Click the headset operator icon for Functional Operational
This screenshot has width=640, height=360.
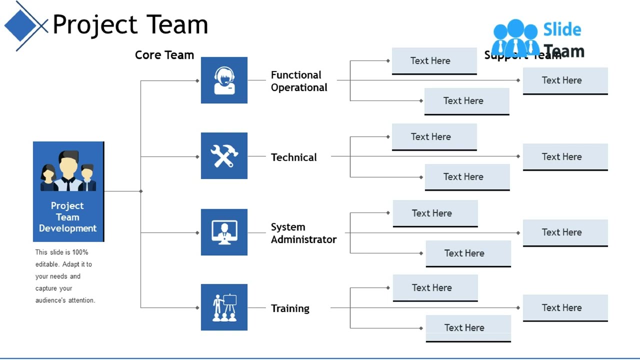coord(224,80)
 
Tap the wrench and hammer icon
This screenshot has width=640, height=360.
coord(224,156)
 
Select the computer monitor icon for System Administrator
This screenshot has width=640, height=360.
coord(224,232)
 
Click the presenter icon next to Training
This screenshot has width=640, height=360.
coord(224,307)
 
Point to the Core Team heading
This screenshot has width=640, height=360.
coord(164,55)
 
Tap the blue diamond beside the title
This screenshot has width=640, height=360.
coord(20,25)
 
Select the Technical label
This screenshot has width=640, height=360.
coord(293,157)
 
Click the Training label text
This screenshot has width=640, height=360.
coord(290,308)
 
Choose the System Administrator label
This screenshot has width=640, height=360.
coord(303,233)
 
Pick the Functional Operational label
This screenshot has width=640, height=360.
coord(298,81)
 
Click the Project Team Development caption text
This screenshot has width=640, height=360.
coord(67,217)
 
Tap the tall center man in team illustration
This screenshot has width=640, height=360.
coord(68,170)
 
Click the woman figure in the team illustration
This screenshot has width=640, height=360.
coord(48,177)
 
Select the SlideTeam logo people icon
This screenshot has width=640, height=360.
coord(515,37)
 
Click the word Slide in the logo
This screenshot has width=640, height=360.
coord(562,30)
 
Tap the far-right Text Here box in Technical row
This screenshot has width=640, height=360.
coord(565,156)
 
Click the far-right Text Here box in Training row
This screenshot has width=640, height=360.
coord(565,307)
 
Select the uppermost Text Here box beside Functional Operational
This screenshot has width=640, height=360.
coord(434,60)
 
